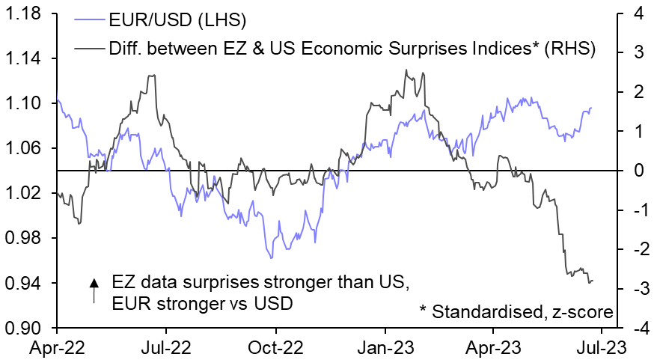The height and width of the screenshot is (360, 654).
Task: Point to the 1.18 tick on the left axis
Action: click(25, 13)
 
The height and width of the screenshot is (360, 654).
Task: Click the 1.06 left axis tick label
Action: click(25, 148)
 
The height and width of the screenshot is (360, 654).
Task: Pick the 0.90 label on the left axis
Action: click(25, 328)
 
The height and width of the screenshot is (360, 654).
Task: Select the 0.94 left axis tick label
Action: click(25, 283)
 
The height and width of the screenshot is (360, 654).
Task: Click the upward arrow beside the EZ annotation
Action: click(94, 290)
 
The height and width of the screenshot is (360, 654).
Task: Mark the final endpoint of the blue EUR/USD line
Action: click(590, 108)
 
